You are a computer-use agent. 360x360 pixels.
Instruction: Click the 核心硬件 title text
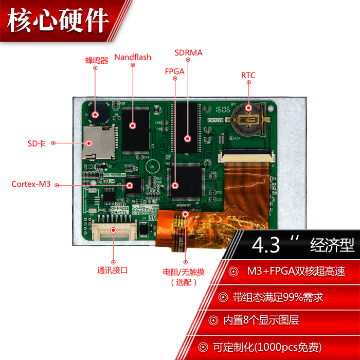click(x=59, y=22)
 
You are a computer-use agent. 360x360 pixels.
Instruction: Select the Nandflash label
click(x=133, y=57)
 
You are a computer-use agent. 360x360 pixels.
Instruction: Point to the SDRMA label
click(x=188, y=52)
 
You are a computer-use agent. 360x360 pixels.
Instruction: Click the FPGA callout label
click(x=174, y=71)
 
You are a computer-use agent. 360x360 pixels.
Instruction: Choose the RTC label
click(x=248, y=76)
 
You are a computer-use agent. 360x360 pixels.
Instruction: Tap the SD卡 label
click(x=37, y=144)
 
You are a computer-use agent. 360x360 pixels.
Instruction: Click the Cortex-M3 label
click(x=31, y=184)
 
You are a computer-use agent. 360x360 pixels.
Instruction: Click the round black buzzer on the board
click(x=96, y=114)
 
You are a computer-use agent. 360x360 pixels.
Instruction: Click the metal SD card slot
click(x=98, y=143)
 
